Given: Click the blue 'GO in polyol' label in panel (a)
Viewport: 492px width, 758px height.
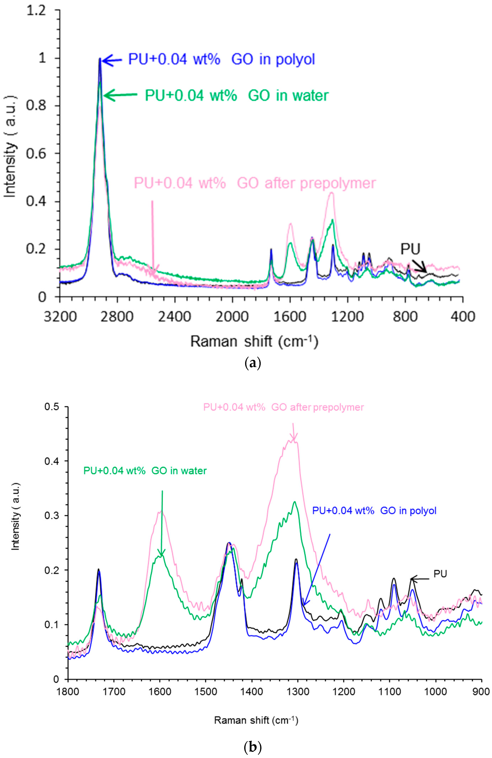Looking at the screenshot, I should pos(222,60).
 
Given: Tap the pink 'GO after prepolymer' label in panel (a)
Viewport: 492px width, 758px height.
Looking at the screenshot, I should pos(255,183).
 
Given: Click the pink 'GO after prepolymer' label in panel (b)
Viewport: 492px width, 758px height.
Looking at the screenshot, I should pos(283,407).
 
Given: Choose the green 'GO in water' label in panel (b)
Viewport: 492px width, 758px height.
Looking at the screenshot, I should pos(145,471).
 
